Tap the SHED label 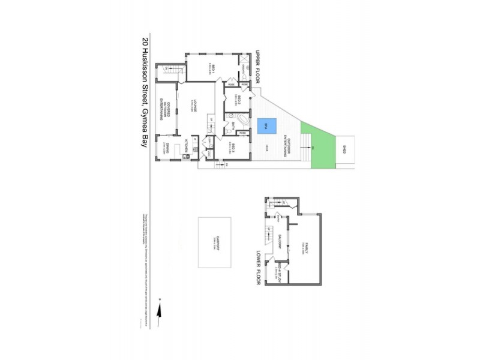345,148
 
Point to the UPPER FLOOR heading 260,67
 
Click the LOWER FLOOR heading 260,266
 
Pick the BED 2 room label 238,100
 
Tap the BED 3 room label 238,147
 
